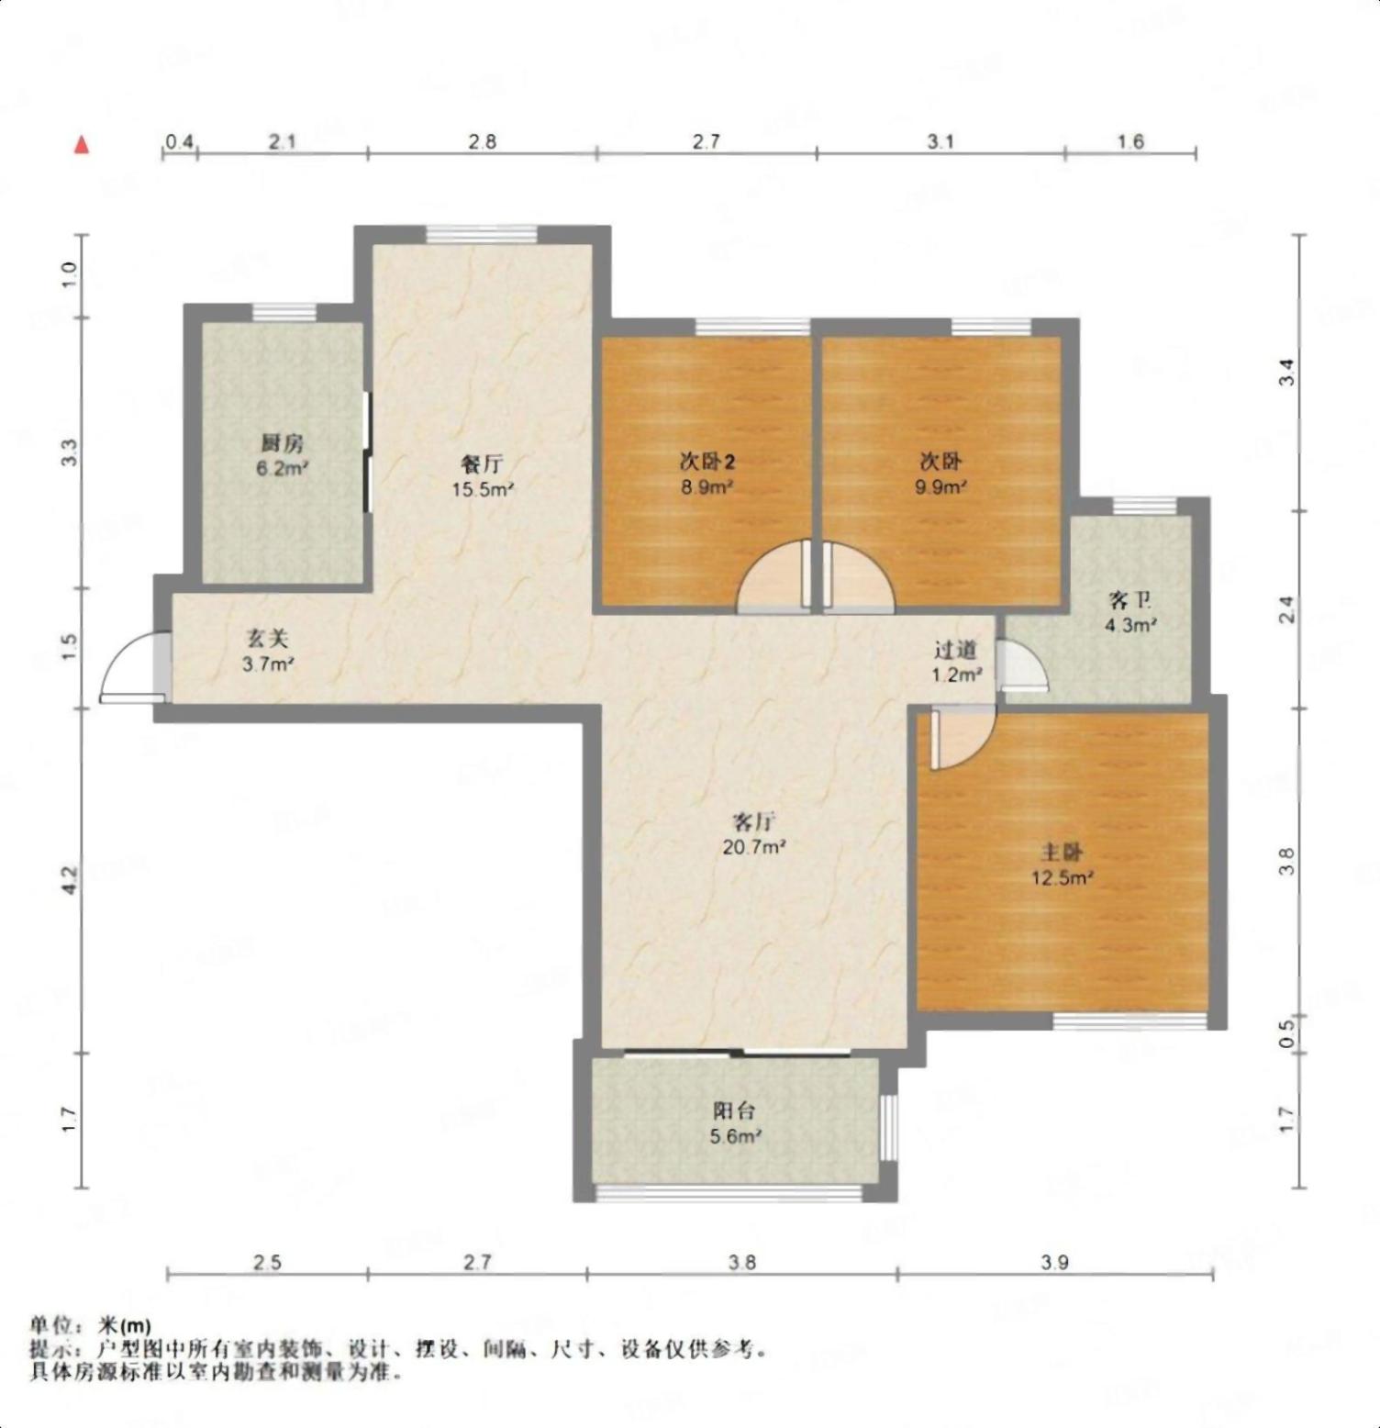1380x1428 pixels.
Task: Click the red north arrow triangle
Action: coord(82,145)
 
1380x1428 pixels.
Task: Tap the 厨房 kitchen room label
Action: coord(281,443)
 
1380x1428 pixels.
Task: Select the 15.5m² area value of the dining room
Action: coord(483,489)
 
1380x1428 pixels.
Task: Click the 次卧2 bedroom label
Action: coord(707,462)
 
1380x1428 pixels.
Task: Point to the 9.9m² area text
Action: coord(940,487)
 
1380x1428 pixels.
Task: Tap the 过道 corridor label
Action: coord(955,650)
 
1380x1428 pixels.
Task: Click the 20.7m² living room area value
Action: coord(754,847)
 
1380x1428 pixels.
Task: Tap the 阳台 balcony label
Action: coord(734,1110)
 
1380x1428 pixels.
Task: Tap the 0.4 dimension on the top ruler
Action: coord(179,141)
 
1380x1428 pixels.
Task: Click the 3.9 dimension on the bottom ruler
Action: coord(1055,1263)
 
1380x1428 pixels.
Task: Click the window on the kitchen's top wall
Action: coord(284,312)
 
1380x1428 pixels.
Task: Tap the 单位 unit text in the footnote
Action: coord(50,1325)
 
